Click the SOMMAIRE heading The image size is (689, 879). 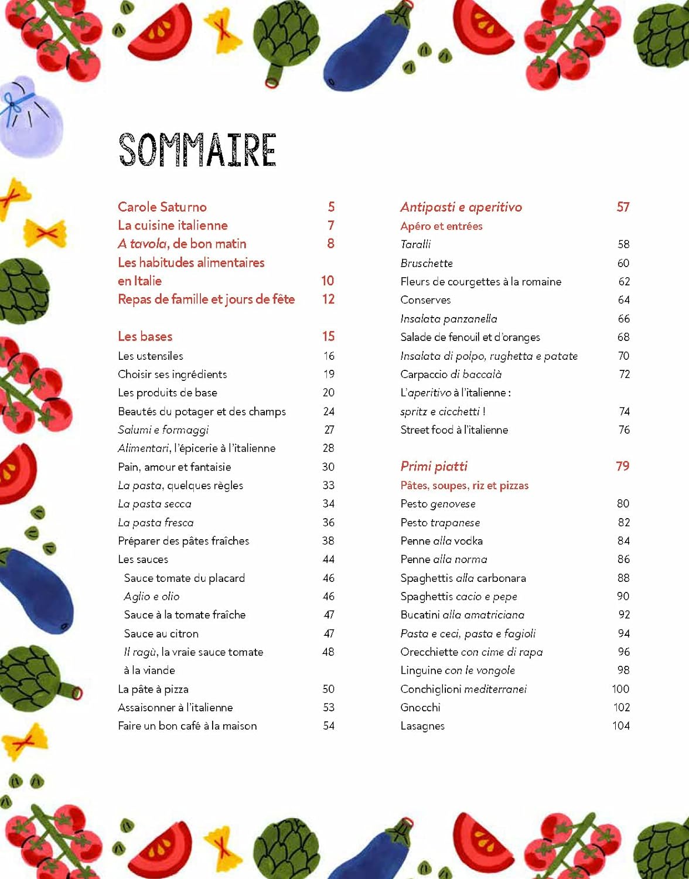point(197,149)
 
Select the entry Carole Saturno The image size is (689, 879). point(162,207)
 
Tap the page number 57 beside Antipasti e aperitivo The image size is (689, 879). point(623,207)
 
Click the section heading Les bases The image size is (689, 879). point(145,336)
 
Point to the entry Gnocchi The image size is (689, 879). point(420,707)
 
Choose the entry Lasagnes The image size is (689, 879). point(422,726)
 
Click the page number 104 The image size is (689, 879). point(620,726)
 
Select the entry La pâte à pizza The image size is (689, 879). point(153,689)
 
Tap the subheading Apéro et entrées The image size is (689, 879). point(441,226)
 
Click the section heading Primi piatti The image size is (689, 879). point(434,466)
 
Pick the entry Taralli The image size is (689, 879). point(415,244)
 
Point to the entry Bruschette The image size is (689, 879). point(427,263)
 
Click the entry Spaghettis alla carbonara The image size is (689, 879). point(463,578)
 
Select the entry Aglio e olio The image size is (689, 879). point(152,597)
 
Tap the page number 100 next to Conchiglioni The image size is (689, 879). point(620,689)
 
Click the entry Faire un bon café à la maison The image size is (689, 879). point(187,726)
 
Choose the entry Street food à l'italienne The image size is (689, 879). point(454,430)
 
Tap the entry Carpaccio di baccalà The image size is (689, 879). point(451,374)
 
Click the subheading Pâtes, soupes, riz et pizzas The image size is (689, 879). point(464,485)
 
